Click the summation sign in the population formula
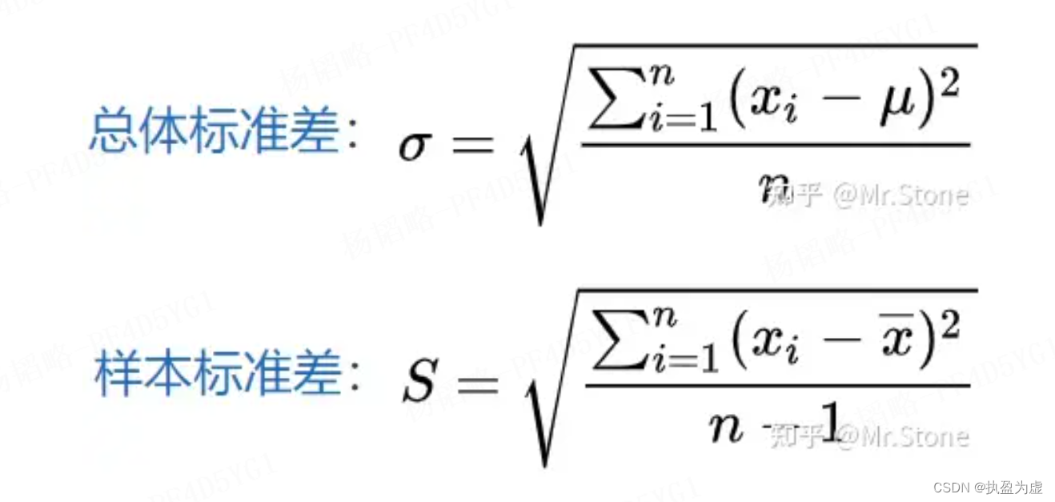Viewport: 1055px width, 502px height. (613, 105)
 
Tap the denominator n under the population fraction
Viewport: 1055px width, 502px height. (772, 185)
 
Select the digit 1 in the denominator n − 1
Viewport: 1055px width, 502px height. (828, 420)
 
